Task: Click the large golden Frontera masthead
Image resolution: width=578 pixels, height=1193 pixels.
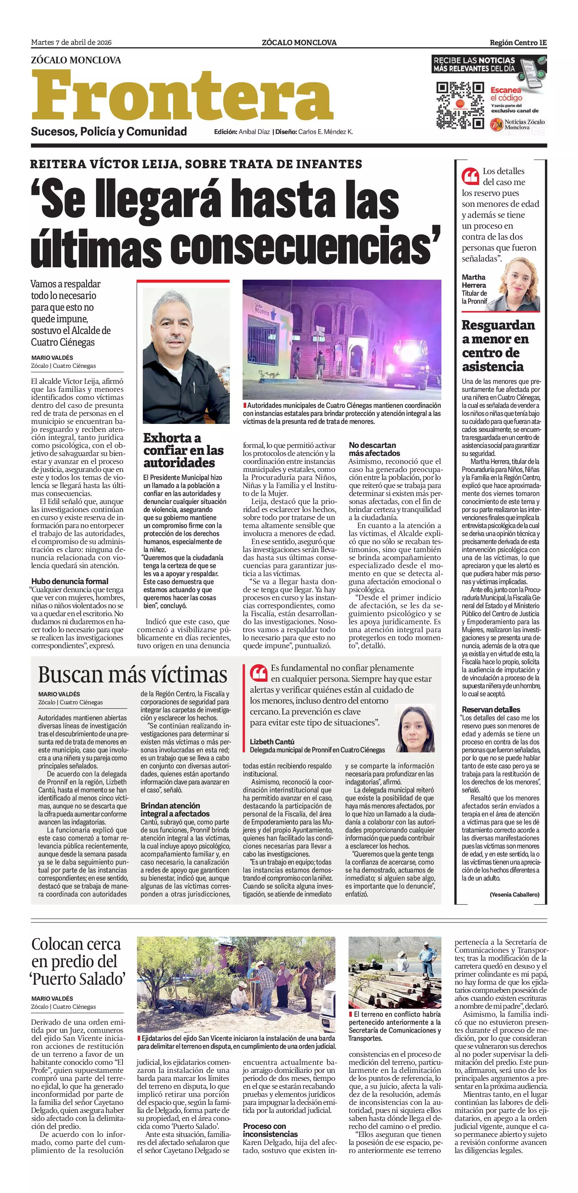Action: tap(182, 95)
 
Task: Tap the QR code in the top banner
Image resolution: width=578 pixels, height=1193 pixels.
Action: tap(460, 105)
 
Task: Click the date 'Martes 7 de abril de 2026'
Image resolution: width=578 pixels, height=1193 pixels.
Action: tap(71, 43)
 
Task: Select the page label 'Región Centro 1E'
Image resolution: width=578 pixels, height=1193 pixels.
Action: tap(518, 43)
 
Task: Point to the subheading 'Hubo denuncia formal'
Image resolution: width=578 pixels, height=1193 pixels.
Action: tap(70, 581)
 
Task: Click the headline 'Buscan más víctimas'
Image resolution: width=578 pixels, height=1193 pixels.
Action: tap(133, 675)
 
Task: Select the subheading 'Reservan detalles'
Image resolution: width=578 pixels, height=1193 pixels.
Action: tap(491, 709)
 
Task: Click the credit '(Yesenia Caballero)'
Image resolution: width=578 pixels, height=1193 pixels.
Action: tap(514, 895)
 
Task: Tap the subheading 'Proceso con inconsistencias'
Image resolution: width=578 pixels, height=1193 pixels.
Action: tap(271, 1130)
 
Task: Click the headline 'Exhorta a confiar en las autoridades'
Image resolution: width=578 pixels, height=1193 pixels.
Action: tap(184, 450)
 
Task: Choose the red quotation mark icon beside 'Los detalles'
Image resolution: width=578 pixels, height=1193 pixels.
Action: tap(470, 176)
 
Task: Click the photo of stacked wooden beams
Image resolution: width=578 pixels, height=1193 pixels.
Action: tap(394, 973)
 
